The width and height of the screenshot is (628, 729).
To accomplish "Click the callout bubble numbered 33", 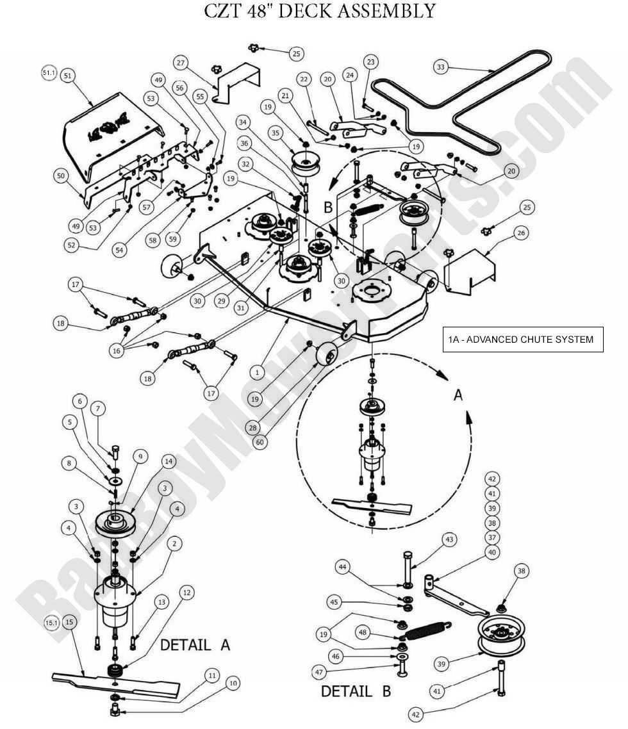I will coord(440,67).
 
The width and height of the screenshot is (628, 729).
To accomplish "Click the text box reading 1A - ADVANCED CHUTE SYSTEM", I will coord(523,340).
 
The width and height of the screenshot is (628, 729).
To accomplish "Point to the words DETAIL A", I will coord(195,645).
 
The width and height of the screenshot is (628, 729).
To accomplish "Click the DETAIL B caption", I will coord(356,691).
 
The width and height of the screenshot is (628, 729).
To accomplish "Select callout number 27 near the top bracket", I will coord(181,62).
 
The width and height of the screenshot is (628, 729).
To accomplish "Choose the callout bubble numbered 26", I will coord(521,233).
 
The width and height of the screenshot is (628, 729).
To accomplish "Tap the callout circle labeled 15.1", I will coord(52,621).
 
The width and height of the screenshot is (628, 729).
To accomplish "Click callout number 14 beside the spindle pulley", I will coord(169,461).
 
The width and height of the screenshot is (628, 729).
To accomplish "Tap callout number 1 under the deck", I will coord(257,372).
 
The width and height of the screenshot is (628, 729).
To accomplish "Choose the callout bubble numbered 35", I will coord(276,133).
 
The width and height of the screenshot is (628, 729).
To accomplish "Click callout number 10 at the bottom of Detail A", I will coord(233,684).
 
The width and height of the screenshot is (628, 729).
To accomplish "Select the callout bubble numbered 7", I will coord(97,408).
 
